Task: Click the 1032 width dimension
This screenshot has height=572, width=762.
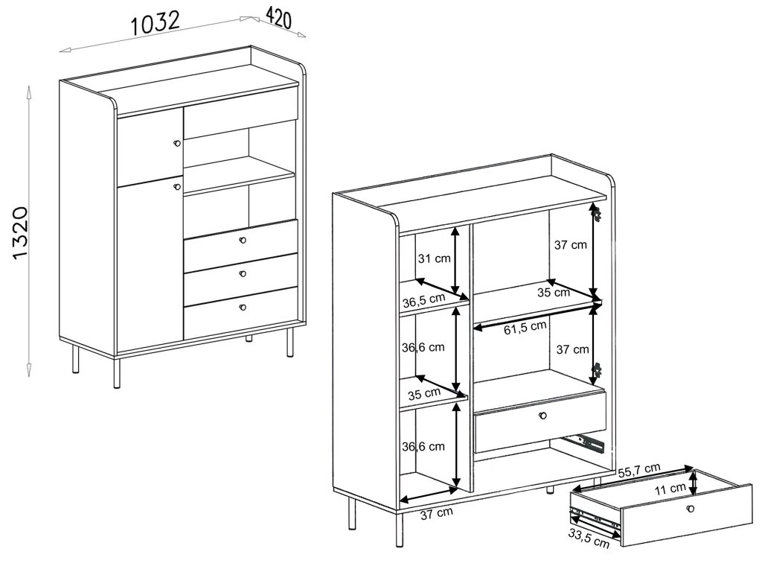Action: click(x=156, y=23)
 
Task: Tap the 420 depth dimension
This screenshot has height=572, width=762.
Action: click(x=279, y=19)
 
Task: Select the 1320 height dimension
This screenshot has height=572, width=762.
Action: click(x=20, y=233)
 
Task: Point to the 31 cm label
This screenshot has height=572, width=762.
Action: click(x=435, y=258)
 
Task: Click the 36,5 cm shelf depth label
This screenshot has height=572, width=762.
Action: click(x=423, y=301)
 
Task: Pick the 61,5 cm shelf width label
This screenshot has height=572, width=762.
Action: click(x=525, y=328)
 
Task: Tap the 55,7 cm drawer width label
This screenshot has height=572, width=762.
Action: click(x=639, y=470)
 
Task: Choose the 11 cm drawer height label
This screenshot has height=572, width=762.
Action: click(x=670, y=489)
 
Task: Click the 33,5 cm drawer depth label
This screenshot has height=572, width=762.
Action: click(x=589, y=538)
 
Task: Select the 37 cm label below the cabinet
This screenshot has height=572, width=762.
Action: click(x=436, y=513)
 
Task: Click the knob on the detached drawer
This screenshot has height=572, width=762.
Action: click(x=690, y=509)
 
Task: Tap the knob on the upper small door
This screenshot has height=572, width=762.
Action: click(x=177, y=143)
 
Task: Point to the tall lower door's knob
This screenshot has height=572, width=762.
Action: click(x=177, y=187)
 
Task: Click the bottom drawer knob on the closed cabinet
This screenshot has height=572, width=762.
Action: click(x=243, y=307)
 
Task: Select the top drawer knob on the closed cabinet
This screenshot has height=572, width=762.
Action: click(x=243, y=241)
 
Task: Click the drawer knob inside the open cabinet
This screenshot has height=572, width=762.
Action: click(x=542, y=416)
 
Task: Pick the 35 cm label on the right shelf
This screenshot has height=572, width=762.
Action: click(x=554, y=292)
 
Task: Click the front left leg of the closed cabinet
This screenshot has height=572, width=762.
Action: click(x=117, y=373)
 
